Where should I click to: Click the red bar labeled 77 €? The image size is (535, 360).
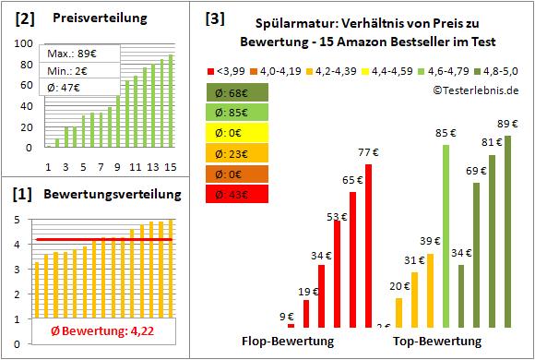point(368,246)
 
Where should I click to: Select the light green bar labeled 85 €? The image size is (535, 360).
point(446,235)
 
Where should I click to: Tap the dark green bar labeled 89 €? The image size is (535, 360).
point(506,231)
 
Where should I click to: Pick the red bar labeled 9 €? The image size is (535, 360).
point(291,325)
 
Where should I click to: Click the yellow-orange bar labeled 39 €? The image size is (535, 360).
point(430,290)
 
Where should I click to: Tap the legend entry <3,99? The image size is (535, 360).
point(229,69)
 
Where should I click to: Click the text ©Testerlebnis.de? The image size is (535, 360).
point(474,90)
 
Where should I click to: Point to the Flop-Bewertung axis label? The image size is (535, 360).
point(287,342)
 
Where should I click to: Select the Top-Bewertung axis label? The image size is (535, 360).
point(437,342)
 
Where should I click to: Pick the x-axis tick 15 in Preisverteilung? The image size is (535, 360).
point(170,166)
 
